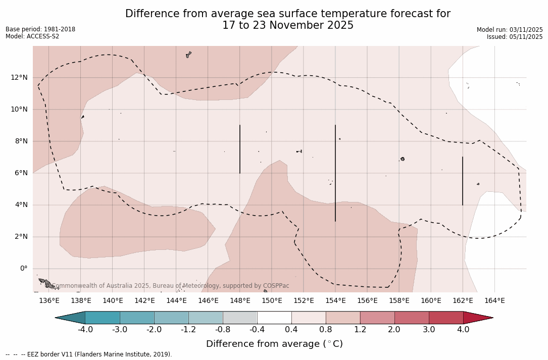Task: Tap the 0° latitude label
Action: point(24,269)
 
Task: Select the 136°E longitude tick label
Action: point(49,301)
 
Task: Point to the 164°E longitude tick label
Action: point(494,301)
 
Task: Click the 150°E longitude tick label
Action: point(272,301)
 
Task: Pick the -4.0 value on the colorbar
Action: point(85,330)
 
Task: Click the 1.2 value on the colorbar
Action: point(360,330)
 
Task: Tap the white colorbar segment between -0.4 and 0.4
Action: point(274,318)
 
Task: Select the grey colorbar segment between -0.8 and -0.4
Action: point(240,318)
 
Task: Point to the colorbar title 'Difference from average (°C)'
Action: point(274,344)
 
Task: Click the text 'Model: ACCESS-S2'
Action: point(32,36)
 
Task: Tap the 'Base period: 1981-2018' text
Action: point(40,29)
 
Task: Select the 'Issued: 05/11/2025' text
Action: point(515,37)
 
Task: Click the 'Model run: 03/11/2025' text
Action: point(510,30)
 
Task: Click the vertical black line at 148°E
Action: point(240,149)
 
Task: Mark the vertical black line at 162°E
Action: point(463,181)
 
